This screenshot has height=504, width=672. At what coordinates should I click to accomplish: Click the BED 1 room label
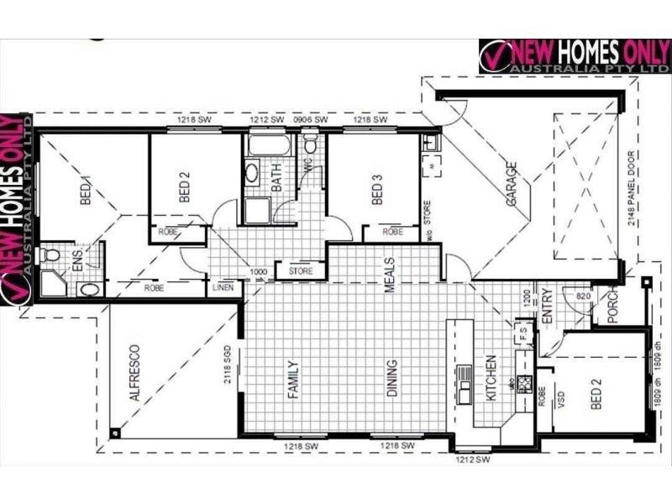(84, 185)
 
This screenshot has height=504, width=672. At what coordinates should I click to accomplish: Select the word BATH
(276, 179)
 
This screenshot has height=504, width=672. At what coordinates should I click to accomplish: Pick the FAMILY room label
(293, 379)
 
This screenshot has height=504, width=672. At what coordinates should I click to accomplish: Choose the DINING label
(391, 379)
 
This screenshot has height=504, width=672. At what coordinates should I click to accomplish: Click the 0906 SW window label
(310, 121)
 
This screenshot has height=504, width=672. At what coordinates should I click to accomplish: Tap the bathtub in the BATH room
(268, 146)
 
